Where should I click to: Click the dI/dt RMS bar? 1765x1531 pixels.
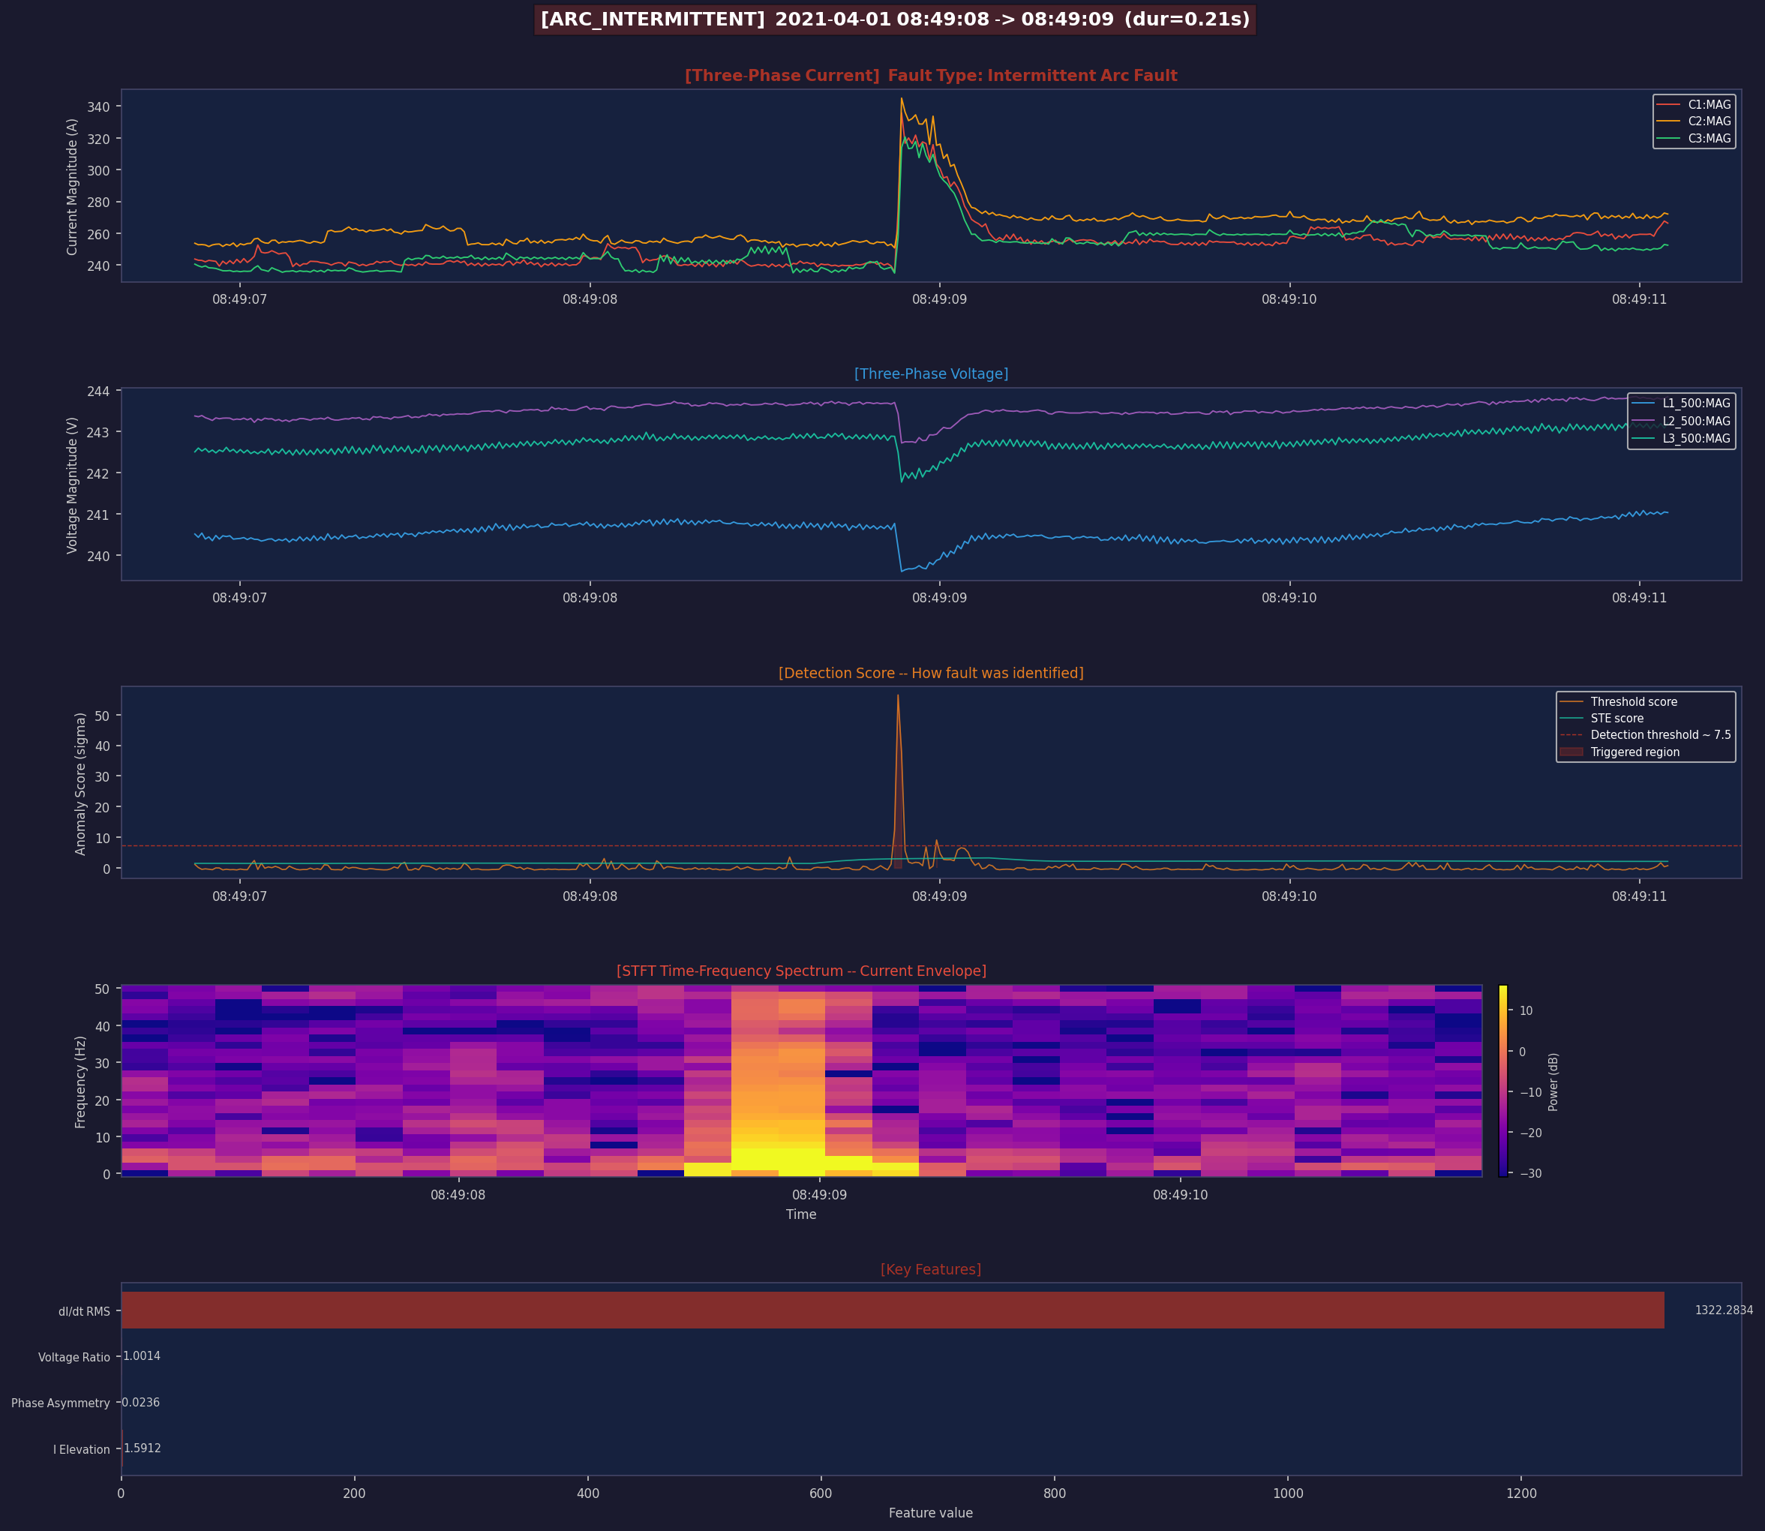pyautogui.click(x=892, y=1310)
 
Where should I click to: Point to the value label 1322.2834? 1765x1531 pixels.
pyautogui.click(x=1723, y=1310)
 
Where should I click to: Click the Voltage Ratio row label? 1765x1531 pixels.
pyautogui.click(x=74, y=1357)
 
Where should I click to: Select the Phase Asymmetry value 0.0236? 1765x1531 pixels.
pyautogui.click(x=141, y=1402)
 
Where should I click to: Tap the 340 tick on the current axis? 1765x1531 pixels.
pyautogui.click(x=98, y=107)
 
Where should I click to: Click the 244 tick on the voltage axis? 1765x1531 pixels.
pyautogui.click(x=98, y=392)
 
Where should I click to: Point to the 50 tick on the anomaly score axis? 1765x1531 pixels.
pyautogui.click(x=102, y=715)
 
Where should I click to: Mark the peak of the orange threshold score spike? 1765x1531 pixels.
pyautogui.click(x=898, y=695)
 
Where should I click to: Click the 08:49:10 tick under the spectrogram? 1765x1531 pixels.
pyautogui.click(x=1180, y=1194)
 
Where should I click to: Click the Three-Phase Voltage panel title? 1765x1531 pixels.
pyautogui.click(x=930, y=374)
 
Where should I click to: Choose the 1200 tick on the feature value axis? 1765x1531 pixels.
pyautogui.click(x=1520, y=1493)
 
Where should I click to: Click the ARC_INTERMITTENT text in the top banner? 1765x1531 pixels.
pyautogui.click(x=653, y=19)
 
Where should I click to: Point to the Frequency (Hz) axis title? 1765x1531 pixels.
pyautogui.click(x=80, y=1082)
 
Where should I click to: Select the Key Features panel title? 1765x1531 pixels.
pyautogui.click(x=930, y=1268)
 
